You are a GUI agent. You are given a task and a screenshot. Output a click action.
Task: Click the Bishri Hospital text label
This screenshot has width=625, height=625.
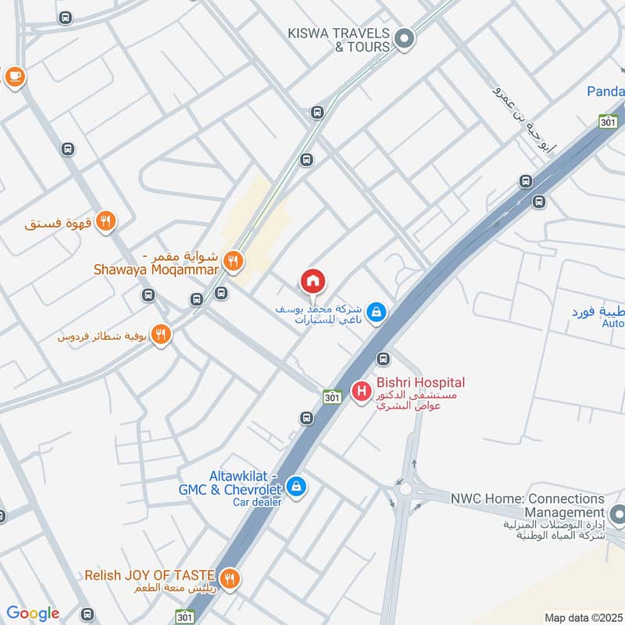(x=420, y=383)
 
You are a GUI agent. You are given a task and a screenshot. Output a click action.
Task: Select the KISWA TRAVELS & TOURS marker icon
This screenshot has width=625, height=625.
(x=405, y=37)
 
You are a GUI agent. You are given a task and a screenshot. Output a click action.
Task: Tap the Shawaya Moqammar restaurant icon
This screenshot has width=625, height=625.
(x=232, y=260)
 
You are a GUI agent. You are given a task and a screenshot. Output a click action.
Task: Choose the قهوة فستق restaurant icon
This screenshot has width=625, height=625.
(x=107, y=222)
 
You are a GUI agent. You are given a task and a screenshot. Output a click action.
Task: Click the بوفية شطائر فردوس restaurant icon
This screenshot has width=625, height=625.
(x=161, y=334)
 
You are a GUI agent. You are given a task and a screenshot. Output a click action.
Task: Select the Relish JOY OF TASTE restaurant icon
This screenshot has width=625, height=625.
(x=229, y=578)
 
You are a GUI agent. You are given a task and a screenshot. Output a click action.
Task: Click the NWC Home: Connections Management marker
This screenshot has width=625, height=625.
(x=618, y=515)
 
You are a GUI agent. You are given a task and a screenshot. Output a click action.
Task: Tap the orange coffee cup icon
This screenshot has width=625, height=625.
(x=14, y=76)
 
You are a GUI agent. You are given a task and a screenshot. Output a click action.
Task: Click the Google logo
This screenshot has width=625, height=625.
(x=33, y=613)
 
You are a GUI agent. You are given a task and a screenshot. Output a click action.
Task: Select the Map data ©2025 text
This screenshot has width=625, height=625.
(x=582, y=617)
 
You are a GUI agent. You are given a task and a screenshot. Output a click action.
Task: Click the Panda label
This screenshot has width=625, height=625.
(x=605, y=92)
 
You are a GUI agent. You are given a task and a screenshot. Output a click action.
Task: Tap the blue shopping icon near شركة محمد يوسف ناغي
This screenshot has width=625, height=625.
(x=377, y=312)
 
